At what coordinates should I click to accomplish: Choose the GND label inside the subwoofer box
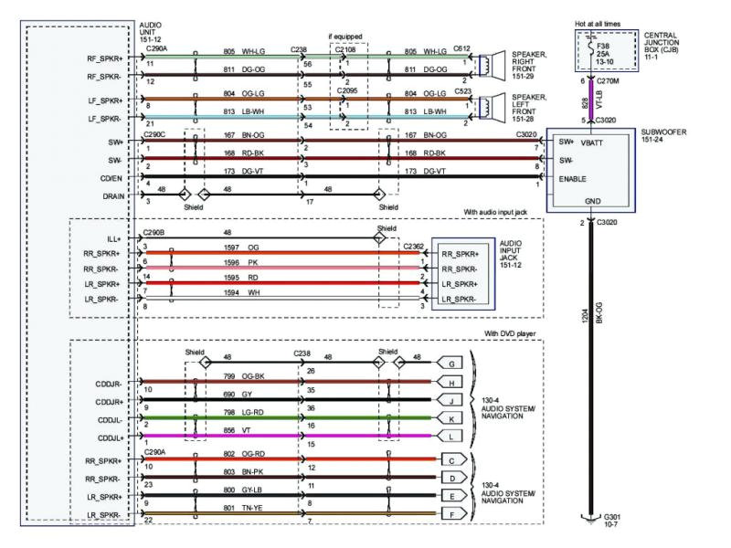(x=592, y=200)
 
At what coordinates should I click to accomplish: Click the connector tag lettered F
(x=451, y=514)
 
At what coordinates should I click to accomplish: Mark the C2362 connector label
(x=413, y=245)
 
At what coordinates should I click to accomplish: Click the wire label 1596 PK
(x=238, y=262)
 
